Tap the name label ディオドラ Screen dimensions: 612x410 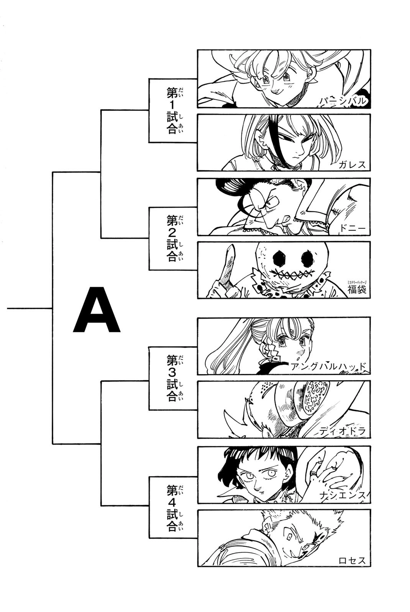tap(342, 431)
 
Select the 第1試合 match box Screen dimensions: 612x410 tap(173, 111)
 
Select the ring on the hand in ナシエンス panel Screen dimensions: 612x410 tap(313, 474)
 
